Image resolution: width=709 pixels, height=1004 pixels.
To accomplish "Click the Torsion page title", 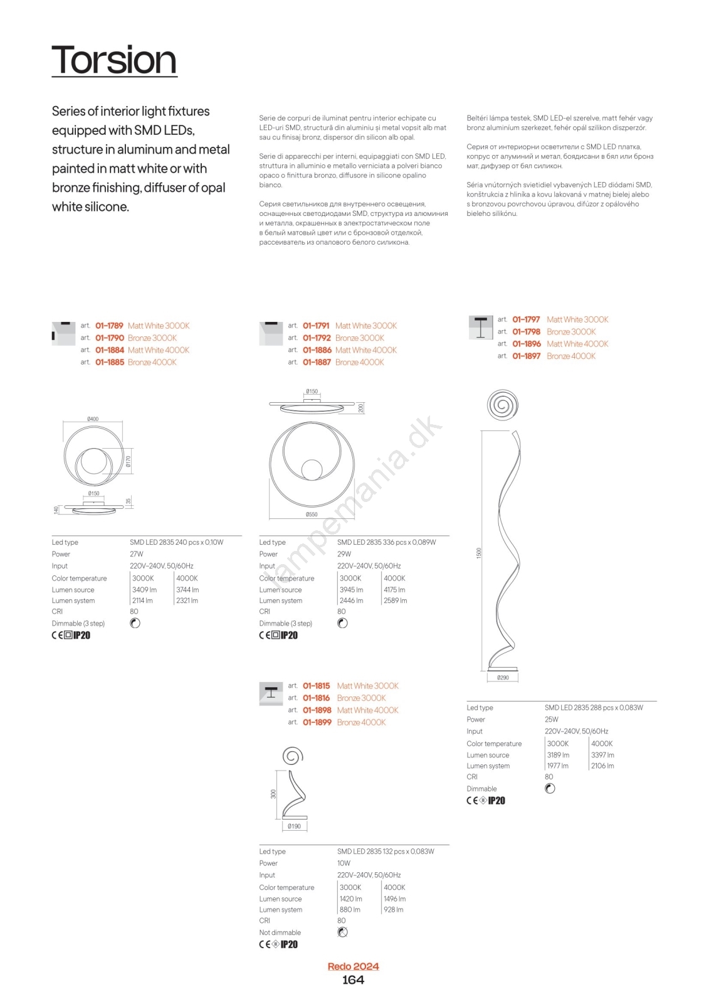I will point(114,60).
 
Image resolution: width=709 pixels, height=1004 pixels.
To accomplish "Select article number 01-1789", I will point(109,326).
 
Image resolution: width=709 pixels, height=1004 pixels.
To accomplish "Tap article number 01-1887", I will point(317,362).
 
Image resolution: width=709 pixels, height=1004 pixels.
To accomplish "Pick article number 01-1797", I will point(526,319).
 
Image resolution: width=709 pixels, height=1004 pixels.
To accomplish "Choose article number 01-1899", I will point(317,722).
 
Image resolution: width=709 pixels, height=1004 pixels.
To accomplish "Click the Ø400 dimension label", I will point(93,419).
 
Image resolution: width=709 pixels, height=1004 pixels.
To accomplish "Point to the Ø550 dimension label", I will point(312,515).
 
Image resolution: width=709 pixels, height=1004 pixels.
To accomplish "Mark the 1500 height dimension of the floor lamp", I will point(479,553).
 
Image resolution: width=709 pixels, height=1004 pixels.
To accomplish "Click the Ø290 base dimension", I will point(503,678).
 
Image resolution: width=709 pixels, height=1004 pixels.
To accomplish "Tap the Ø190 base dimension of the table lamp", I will point(294,826).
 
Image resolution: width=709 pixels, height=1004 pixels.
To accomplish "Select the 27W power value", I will point(137,554).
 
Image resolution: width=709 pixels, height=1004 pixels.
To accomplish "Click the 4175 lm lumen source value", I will point(394,590).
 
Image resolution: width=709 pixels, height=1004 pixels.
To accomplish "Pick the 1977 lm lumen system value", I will point(557,766).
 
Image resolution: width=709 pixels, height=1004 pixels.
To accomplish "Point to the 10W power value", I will point(344,863).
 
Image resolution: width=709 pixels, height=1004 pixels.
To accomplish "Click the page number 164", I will point(353,980).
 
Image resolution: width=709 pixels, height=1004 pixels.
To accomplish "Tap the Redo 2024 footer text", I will point(353,966).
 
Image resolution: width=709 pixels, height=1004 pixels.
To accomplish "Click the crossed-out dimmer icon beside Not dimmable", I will point(342,932).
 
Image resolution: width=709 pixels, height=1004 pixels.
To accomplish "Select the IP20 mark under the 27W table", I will point(81,635).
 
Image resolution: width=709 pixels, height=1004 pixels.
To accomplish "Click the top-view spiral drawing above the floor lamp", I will point(502,405).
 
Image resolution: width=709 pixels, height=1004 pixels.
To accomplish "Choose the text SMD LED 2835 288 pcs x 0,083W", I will point(594,708).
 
